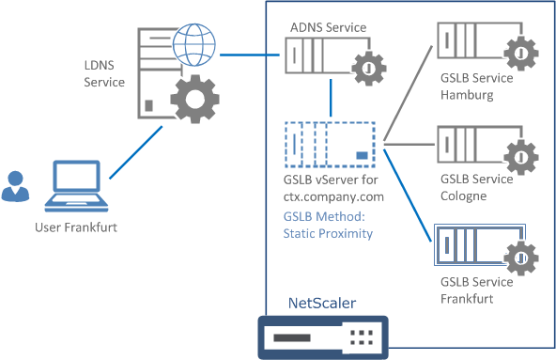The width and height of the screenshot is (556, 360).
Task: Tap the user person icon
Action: click(x=16, y=186)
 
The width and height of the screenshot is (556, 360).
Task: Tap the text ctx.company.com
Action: click(x=333, y=196)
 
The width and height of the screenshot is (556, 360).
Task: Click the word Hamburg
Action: click(x=466, y=95)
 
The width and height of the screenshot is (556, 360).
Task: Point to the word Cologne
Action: click(x=462, y=196)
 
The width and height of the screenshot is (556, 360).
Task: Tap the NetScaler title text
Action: click(x=322, y=303)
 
